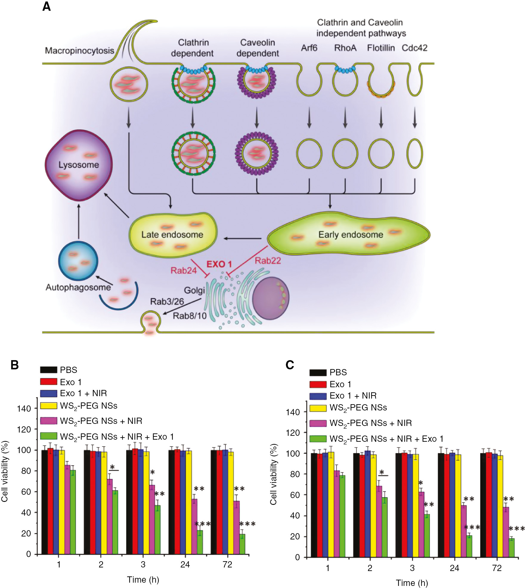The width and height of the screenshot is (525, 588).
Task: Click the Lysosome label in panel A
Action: pyautogui.click(x=78, y=165)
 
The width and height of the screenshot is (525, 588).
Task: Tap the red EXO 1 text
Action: pyautogui.click(x=219, y=264)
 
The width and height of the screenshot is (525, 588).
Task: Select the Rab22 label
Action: pyautogui.click(x=268, y=261)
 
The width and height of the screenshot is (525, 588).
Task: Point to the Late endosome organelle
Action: pyautogui.click(x=173, y=235)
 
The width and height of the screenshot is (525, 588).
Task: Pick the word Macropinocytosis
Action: pyautogui.click(x=79, y=50)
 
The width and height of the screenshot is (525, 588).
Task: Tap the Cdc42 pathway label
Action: pyautogui.click(x=414, y=48)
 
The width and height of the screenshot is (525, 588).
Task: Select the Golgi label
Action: pyautogui.click(x=194, y=290)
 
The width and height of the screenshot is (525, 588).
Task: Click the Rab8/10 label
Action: pyautogui.click(x=190, y=316)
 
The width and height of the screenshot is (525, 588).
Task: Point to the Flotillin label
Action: pyautogui.click(x=381, y=48)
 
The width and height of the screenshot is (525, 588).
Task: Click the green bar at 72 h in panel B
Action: pyautogui.click(x=242, y=544)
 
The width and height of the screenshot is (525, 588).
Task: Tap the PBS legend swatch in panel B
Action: pyautogui.click(x=49, y=370)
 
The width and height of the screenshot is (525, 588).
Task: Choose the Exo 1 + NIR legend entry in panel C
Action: pyautogui.click(x=353, y=396)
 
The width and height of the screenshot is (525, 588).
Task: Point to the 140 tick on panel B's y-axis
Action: pyautogui.click(x=24, y=409)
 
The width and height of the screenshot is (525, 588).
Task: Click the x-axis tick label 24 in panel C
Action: pyautogui.click(x=454, y=568)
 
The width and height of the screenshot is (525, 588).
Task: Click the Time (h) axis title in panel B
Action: pyautogui.click(x=143, y=580)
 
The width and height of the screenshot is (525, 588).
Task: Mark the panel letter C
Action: pyautogui.click(x=289, y=365)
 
